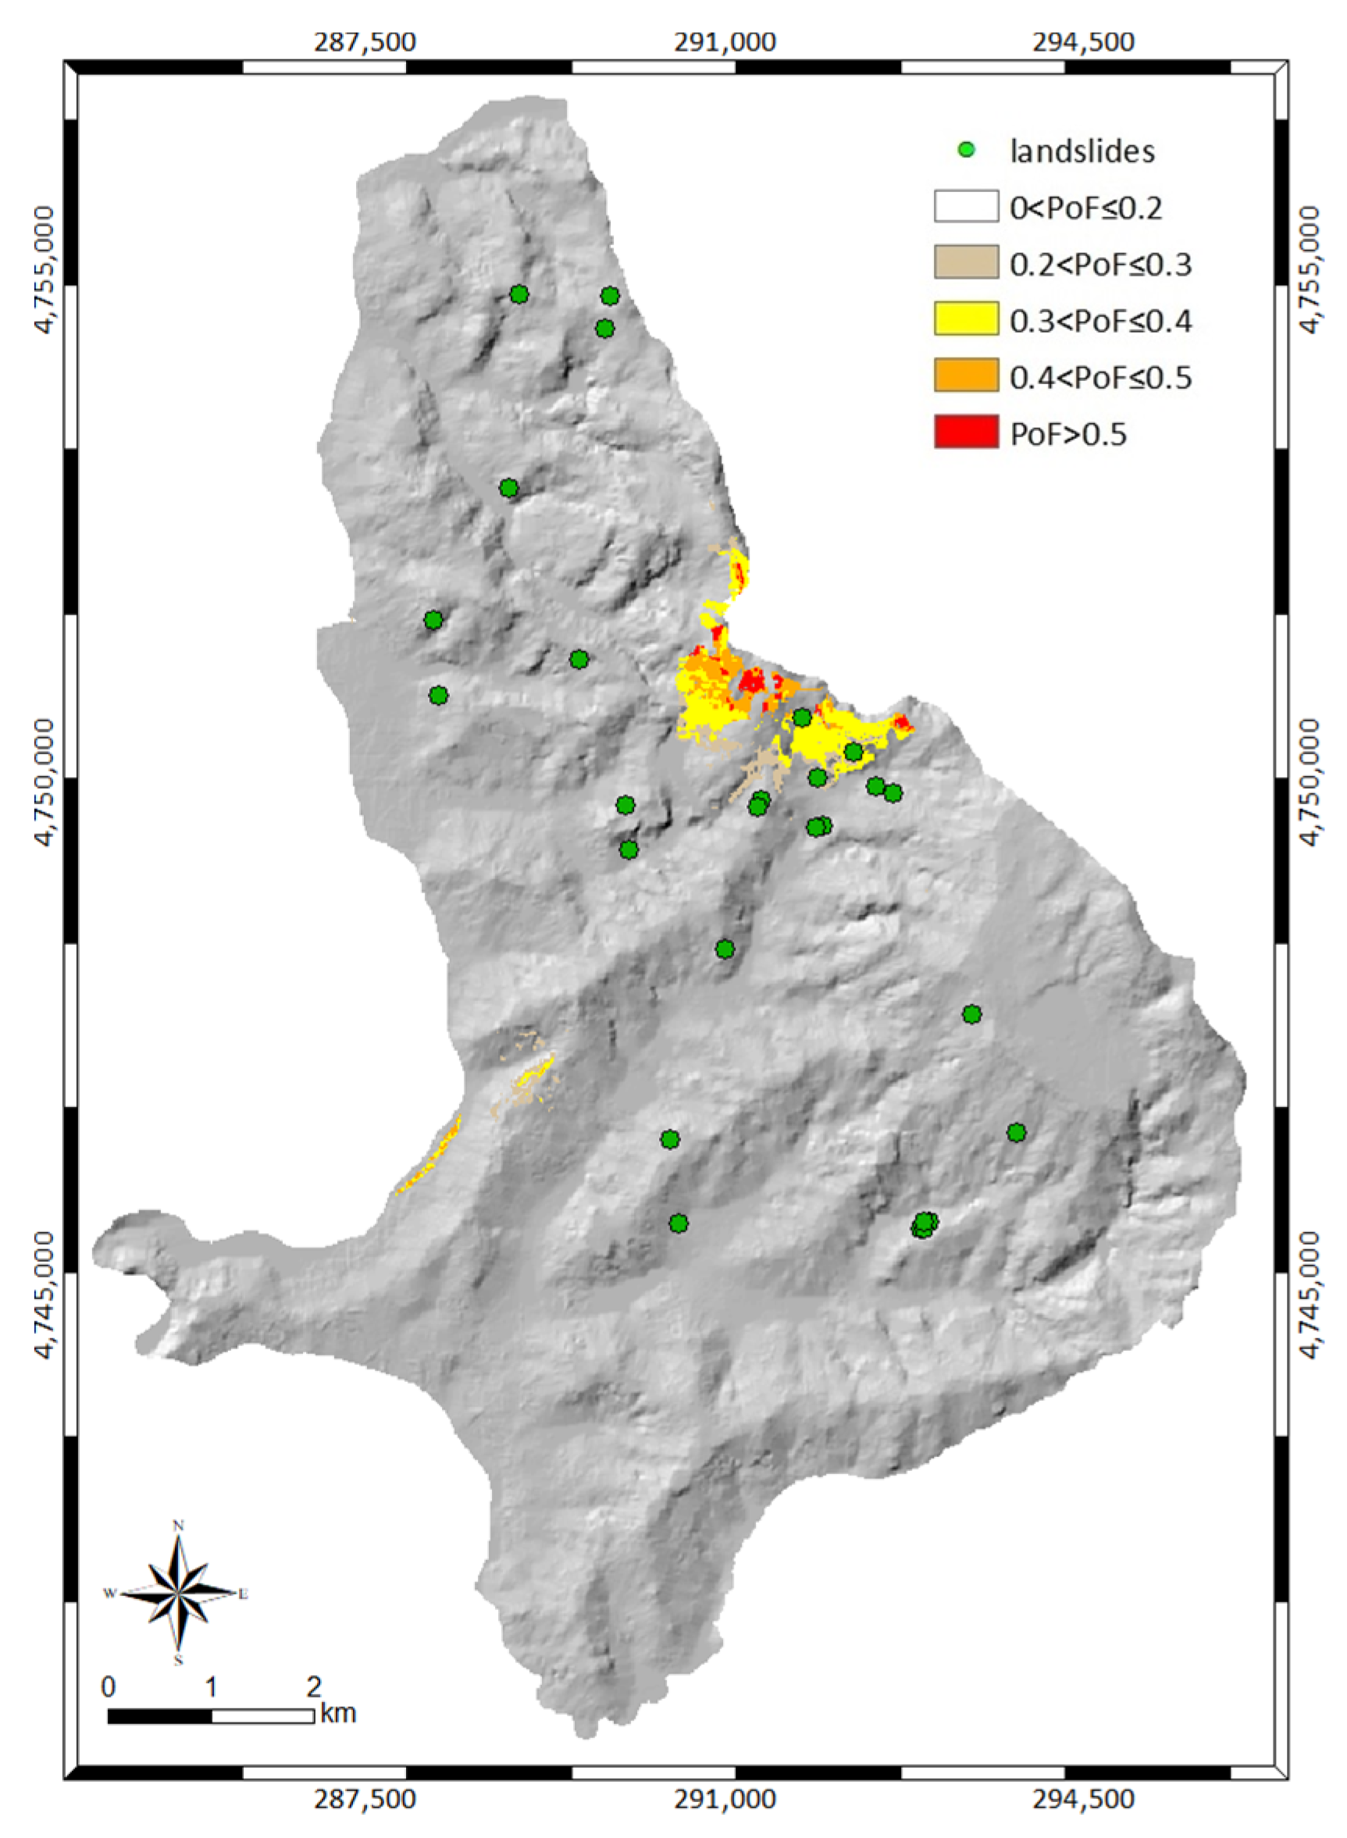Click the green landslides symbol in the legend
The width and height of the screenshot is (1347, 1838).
coord(966,150)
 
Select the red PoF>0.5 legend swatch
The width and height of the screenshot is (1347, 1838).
coord(966,432)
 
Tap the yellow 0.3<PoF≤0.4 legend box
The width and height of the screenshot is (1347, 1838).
coord(966,319)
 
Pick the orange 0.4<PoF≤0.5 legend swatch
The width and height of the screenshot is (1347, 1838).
coord(966,375)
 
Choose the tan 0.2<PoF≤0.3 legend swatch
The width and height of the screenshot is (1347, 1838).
coord(966,262)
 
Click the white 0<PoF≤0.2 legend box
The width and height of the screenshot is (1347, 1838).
coord(966,206)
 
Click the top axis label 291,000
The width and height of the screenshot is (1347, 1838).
coord(725,42)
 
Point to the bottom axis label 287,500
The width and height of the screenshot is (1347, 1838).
coord(365,1799)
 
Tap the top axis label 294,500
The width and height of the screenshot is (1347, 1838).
coord(1084,42)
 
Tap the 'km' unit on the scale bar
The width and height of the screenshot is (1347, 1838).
coord(337,1713)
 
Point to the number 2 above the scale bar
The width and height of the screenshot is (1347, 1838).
coord(314,1687)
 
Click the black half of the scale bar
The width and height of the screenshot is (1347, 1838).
coord(160,1716)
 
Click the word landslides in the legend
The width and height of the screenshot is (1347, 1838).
coord(1082,151)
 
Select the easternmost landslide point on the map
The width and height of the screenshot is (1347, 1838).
coord(1016,1132)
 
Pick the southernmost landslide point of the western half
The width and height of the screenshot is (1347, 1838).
coord(679,1223)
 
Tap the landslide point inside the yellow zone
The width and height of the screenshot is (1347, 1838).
coord(853,751)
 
